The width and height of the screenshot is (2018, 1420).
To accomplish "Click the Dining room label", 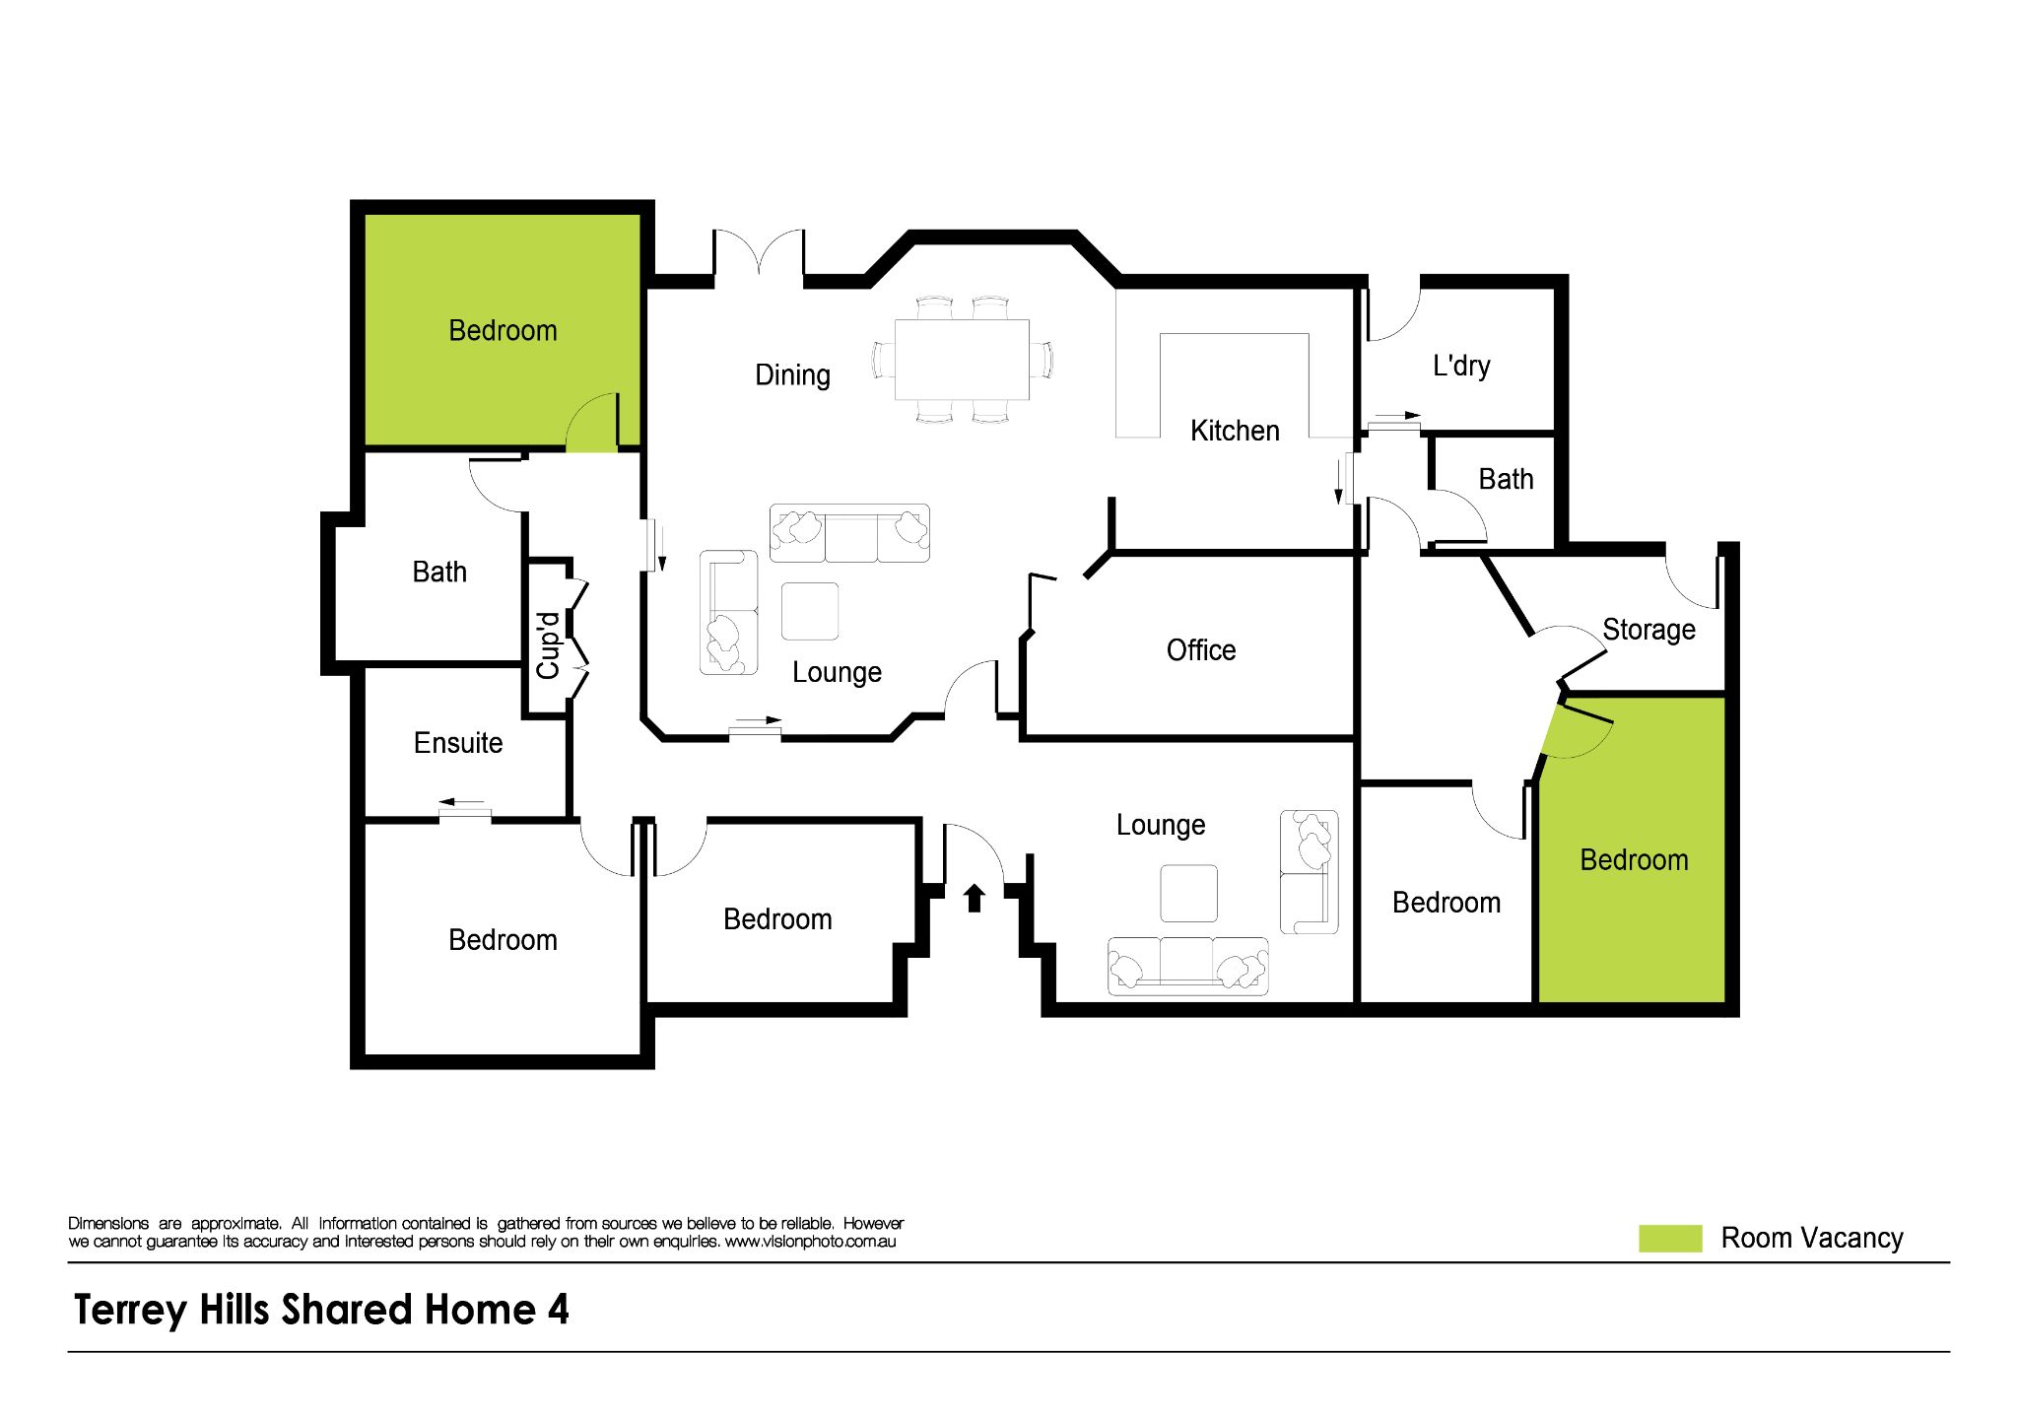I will [792, 375].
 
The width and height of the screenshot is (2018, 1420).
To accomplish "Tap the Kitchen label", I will [1234, 431].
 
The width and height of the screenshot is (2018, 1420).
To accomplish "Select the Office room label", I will [1200, 650].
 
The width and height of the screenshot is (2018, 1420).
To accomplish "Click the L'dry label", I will [1460, 366].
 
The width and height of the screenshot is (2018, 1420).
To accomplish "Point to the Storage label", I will [1648, 630].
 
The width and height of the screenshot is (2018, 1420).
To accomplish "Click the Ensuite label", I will [457, 743].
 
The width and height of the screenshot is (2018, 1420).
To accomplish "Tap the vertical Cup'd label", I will [548, 645].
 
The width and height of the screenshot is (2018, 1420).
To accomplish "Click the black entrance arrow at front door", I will [974, 898].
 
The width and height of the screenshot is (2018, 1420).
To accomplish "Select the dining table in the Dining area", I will [962, 360].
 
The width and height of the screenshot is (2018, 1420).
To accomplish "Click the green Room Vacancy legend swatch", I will [1669, 1239].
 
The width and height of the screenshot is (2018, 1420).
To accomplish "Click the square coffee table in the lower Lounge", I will [1188, 894].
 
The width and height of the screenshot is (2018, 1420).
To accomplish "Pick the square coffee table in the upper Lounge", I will [810, 611].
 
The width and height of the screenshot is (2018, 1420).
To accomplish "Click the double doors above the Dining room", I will [759, 254].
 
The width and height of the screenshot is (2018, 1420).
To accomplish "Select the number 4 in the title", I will [558, 1310].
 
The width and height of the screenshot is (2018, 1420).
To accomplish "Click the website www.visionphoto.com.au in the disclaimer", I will [810, 1242].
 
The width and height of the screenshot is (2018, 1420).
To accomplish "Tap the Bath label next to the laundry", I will [1506, 480].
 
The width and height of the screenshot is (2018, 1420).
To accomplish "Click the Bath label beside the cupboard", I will [439, 573].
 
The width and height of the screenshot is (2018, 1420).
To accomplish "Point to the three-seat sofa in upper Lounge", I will [849, 534].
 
